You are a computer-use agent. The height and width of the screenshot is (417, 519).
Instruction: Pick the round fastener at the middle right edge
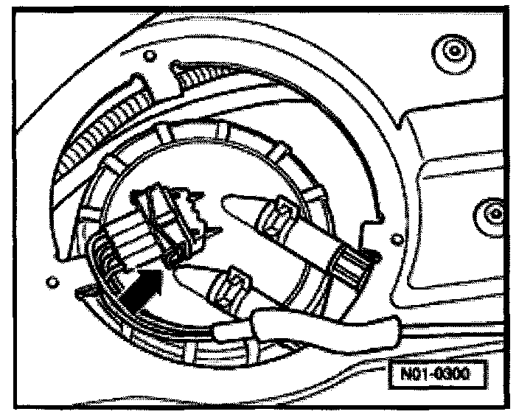(x=491, y=214)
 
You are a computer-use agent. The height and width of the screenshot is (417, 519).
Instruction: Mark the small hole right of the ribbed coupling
(x=399, y=237)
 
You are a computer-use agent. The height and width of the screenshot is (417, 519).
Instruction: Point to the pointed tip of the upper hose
(x=229, y=202)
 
